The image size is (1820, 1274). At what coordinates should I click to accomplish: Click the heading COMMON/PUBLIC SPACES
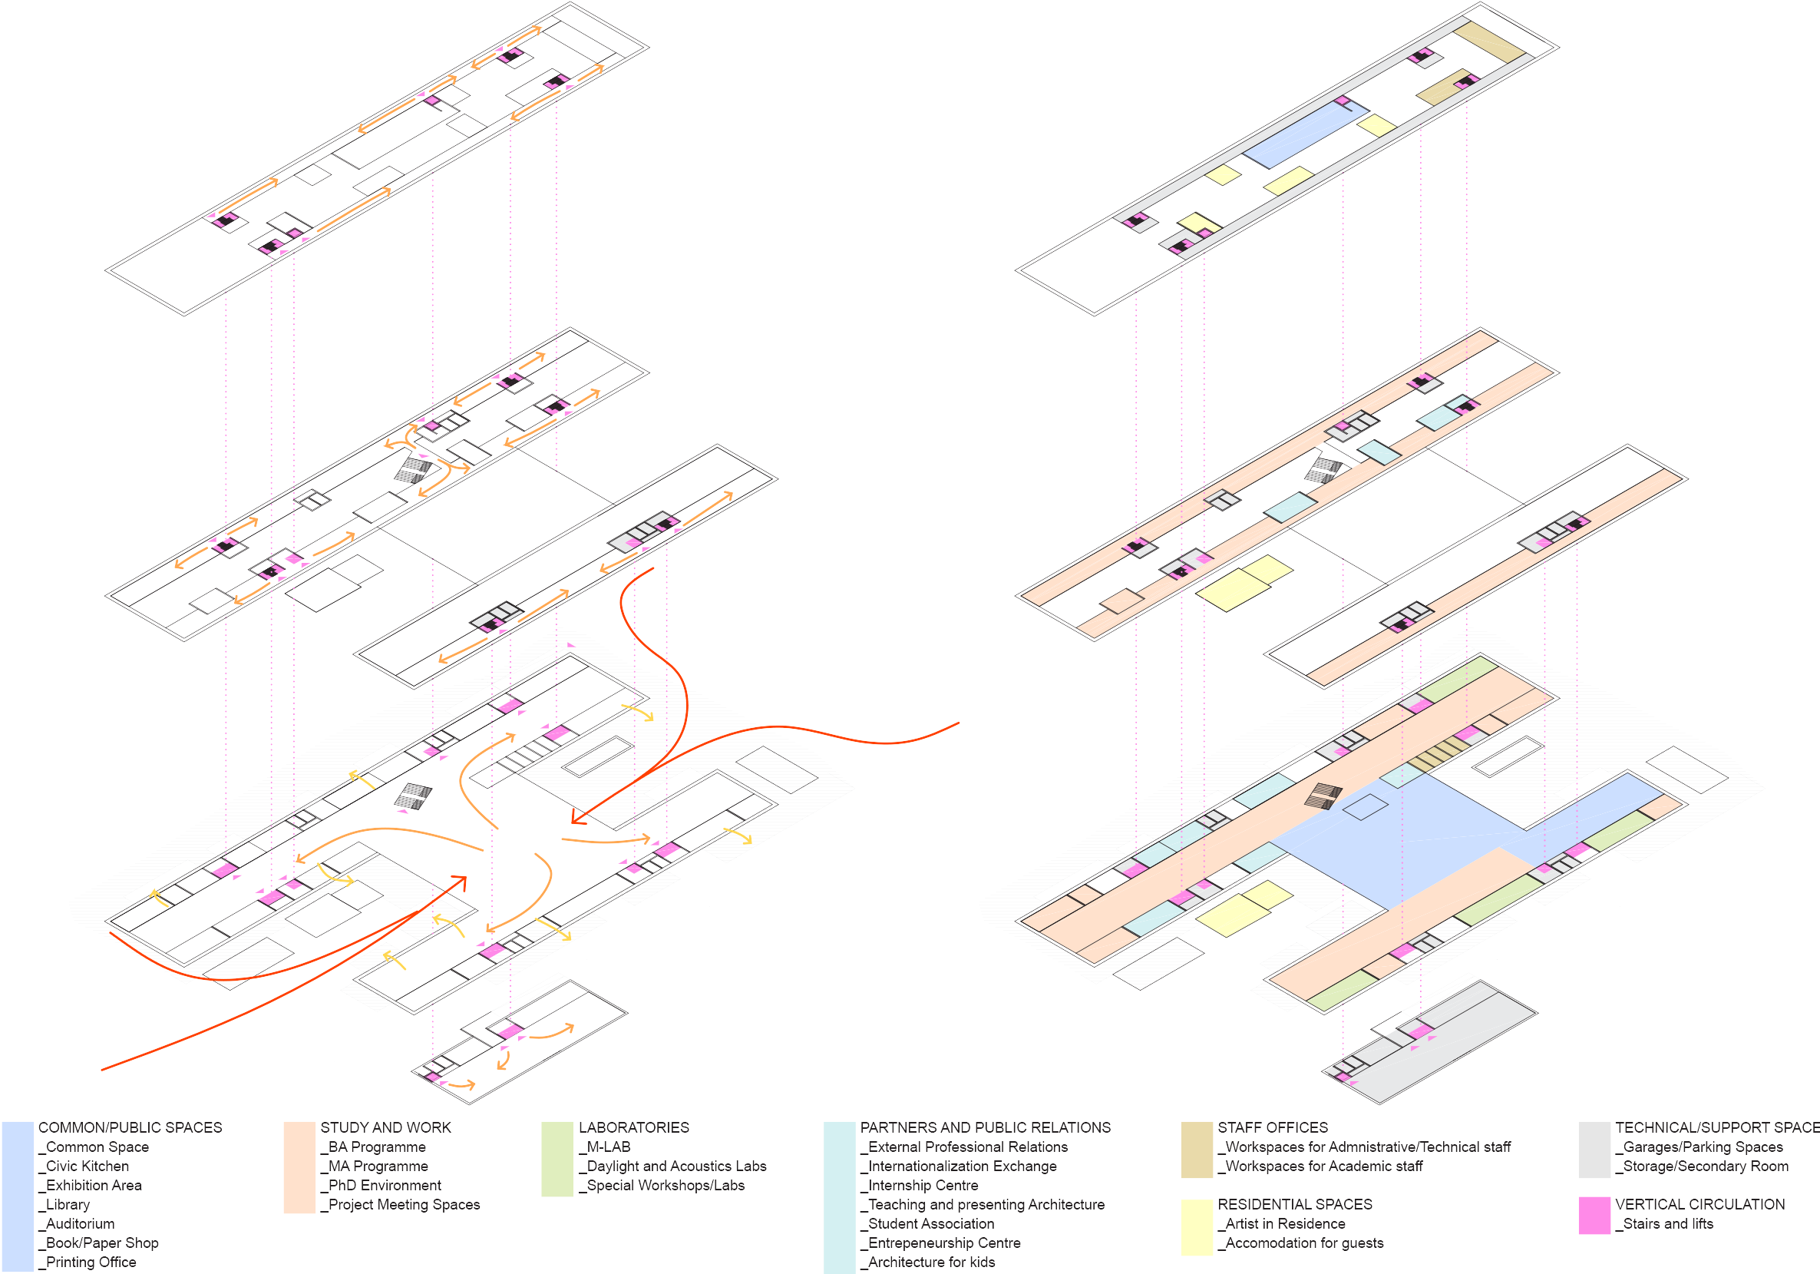coord(130,1127)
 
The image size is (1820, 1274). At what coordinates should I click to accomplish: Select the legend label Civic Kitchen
coord(88,1166)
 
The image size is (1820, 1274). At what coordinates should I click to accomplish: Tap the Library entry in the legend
coord(68,1205)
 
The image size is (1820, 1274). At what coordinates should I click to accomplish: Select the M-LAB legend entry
coord(608,1147)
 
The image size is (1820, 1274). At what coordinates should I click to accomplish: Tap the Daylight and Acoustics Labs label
coord(676,1166)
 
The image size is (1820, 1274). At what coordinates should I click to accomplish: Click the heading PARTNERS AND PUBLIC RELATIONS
coord(986,1127)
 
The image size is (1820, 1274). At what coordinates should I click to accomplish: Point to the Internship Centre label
coord(923,1186)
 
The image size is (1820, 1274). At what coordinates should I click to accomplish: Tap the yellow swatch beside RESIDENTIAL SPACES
coord(1196,1227)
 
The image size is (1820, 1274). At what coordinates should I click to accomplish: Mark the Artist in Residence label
coord(1285,1224)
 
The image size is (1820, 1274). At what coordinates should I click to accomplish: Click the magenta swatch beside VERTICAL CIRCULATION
coord(1594,1216)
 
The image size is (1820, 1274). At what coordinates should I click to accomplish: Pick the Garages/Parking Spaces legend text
coord(1703,1147)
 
